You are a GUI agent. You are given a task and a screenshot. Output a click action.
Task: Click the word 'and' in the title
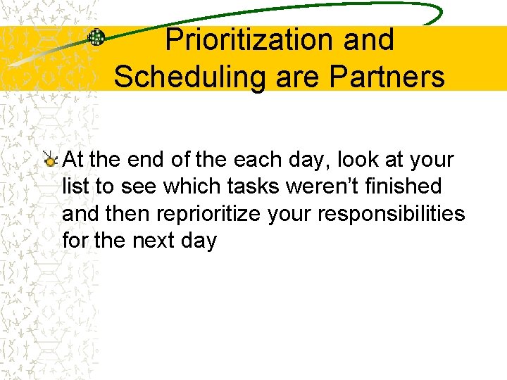click(x=369, y=40)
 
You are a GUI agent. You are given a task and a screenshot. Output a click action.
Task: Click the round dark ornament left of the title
click(x=96, y=38)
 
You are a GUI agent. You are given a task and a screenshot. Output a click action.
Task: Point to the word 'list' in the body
click(x=74, y=186)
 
